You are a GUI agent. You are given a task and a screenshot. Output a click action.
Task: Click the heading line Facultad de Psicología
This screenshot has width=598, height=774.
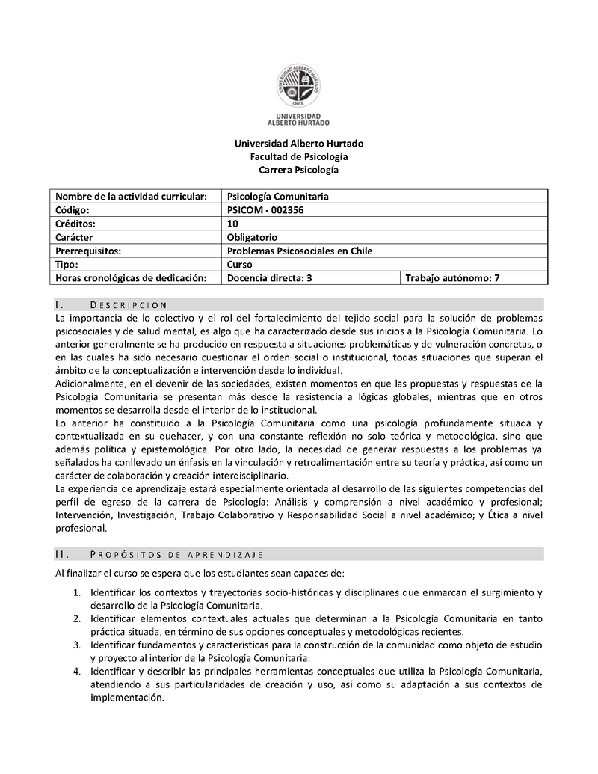click(299, 156)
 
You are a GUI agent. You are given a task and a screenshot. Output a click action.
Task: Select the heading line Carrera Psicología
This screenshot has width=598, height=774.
click(299, 170)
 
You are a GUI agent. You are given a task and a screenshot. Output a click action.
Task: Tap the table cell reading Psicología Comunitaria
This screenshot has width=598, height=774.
click(277, 196)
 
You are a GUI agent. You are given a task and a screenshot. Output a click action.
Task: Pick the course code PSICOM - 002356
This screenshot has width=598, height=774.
click(265, 210)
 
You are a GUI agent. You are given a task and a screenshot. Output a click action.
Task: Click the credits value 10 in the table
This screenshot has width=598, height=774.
click(232, 224)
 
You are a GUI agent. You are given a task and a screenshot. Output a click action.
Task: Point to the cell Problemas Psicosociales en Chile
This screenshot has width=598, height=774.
click(299, 251)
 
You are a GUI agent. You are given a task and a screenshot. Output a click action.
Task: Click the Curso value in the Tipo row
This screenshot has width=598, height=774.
click(239, 264)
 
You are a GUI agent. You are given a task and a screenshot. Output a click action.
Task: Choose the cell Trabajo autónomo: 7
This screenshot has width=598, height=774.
click(452, 278)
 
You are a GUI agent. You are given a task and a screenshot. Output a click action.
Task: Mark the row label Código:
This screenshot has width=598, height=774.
click(73, 210)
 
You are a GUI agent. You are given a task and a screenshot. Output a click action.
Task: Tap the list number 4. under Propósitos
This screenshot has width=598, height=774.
click(77, 671)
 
